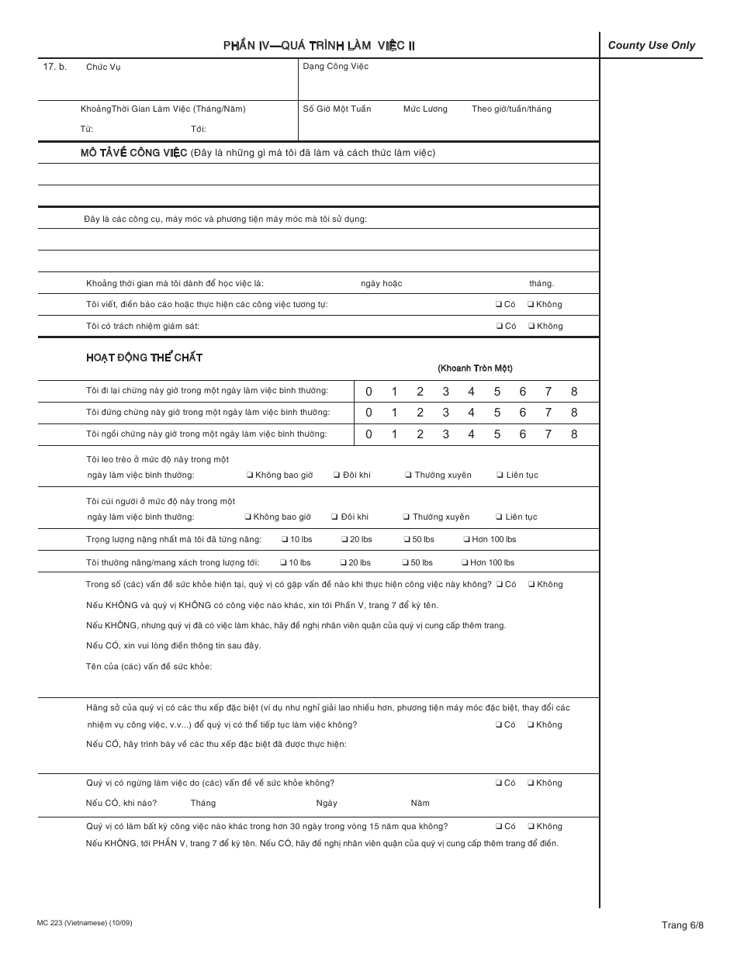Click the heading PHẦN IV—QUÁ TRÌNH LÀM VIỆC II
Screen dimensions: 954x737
(x=319, y=46)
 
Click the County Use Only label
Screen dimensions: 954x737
(x=651, y=45)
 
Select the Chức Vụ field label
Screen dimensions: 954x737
(x=103, y=67)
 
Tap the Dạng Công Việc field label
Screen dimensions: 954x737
(x=335, y=67)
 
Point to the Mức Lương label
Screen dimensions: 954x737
(x=424, y=109)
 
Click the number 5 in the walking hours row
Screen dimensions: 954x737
(x=497, y=392)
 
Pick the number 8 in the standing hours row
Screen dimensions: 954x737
(x=574, y=413)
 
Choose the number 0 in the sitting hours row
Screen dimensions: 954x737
(x=368, y=434)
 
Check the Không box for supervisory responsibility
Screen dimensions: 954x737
(x=531, y=327)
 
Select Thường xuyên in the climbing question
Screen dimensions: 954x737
(x=408, y=475)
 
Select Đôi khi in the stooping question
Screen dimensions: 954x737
(x=334, y=517)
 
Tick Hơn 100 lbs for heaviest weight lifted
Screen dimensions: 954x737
(x=465, y=540)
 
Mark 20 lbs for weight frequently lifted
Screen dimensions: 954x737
(x=344, y=563)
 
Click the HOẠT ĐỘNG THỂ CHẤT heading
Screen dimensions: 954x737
(x=144, y=358)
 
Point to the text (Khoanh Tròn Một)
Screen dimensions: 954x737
(x=475, y=368)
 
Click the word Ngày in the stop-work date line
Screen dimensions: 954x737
(x=327, y=804)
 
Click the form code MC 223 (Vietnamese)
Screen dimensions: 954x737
(x=78, y=923)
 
